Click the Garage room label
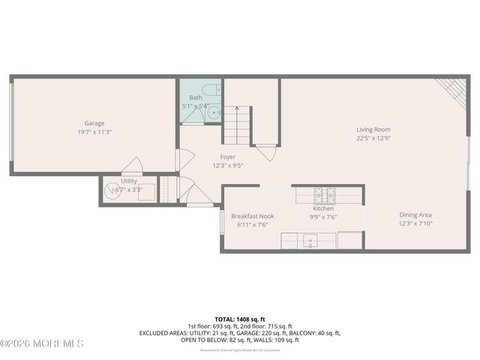(94, 123)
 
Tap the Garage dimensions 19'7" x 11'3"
(94, 132)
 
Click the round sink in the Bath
(214, 114)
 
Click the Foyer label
(227, 157)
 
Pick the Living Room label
(373, 130)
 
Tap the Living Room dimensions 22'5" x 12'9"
(373, 138)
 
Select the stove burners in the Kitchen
(325, 196)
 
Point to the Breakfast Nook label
(252, 216)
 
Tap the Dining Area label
(415, 214)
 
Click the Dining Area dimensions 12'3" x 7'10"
(415, 223)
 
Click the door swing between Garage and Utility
(132, 166)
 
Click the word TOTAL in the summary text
(224, 319)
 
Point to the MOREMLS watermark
(42, 343)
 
